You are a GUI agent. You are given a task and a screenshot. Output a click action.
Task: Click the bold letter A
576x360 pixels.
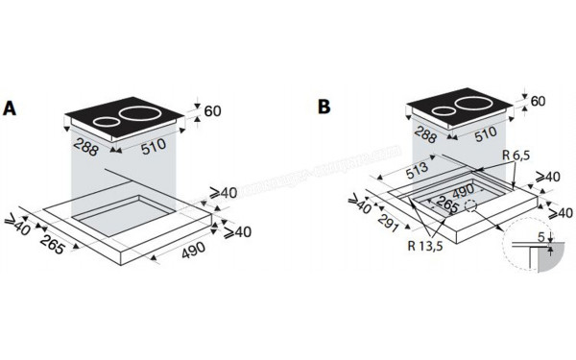point(12,108)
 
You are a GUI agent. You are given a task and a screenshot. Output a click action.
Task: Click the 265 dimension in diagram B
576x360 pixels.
point(444,204)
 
